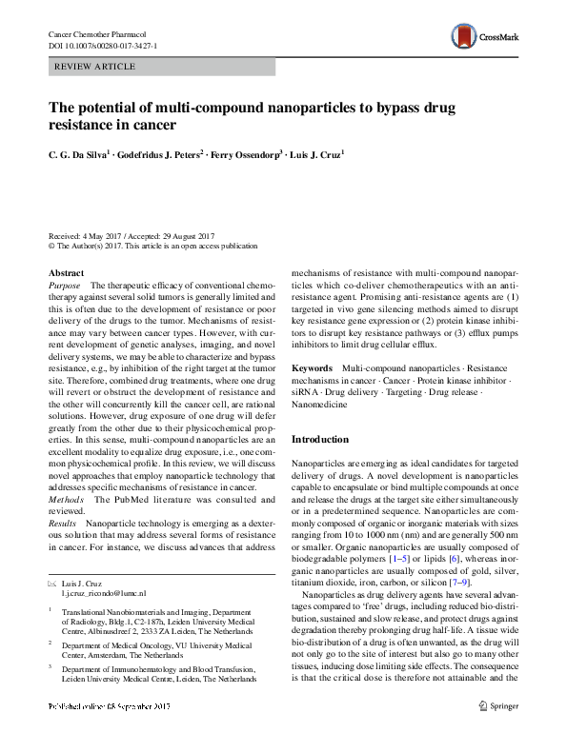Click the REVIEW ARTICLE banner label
point(95,68)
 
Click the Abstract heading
point(66,273)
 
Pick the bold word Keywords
point(311,367)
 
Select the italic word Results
point(63,524)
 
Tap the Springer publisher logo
point(496,732)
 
